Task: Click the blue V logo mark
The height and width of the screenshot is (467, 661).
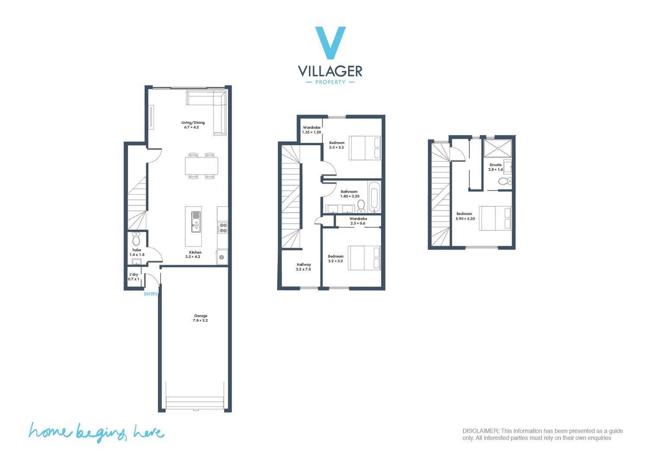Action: [330, 42]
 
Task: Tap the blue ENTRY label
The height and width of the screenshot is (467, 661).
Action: [151, 294]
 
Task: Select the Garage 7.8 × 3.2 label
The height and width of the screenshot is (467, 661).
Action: [200, 318]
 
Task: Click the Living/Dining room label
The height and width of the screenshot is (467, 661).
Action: [193, 125]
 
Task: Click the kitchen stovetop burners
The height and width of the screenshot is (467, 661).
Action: [222, 228]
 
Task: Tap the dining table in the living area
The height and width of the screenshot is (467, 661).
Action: [202, 166]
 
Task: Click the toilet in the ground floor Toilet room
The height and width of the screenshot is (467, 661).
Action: [136, 239]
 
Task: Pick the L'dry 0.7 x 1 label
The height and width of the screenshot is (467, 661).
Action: [134, 277]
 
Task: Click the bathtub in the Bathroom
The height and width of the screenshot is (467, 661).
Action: [374, 197]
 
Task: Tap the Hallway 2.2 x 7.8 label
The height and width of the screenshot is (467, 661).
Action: [303, 267]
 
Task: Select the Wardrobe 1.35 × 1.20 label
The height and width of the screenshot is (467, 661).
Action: [311, 130]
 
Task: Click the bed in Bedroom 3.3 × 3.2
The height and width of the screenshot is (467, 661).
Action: [365, 148]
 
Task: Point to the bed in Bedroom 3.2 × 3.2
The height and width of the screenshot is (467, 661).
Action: [364, 258]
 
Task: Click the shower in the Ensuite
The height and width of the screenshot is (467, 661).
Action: [497, 148]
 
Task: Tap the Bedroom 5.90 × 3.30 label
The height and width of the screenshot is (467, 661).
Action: [465, 216]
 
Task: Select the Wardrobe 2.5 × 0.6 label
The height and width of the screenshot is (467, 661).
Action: [358, 221]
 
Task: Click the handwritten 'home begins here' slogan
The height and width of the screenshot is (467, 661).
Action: [96, 432]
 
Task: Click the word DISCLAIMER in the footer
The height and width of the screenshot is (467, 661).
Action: [481, 431]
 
